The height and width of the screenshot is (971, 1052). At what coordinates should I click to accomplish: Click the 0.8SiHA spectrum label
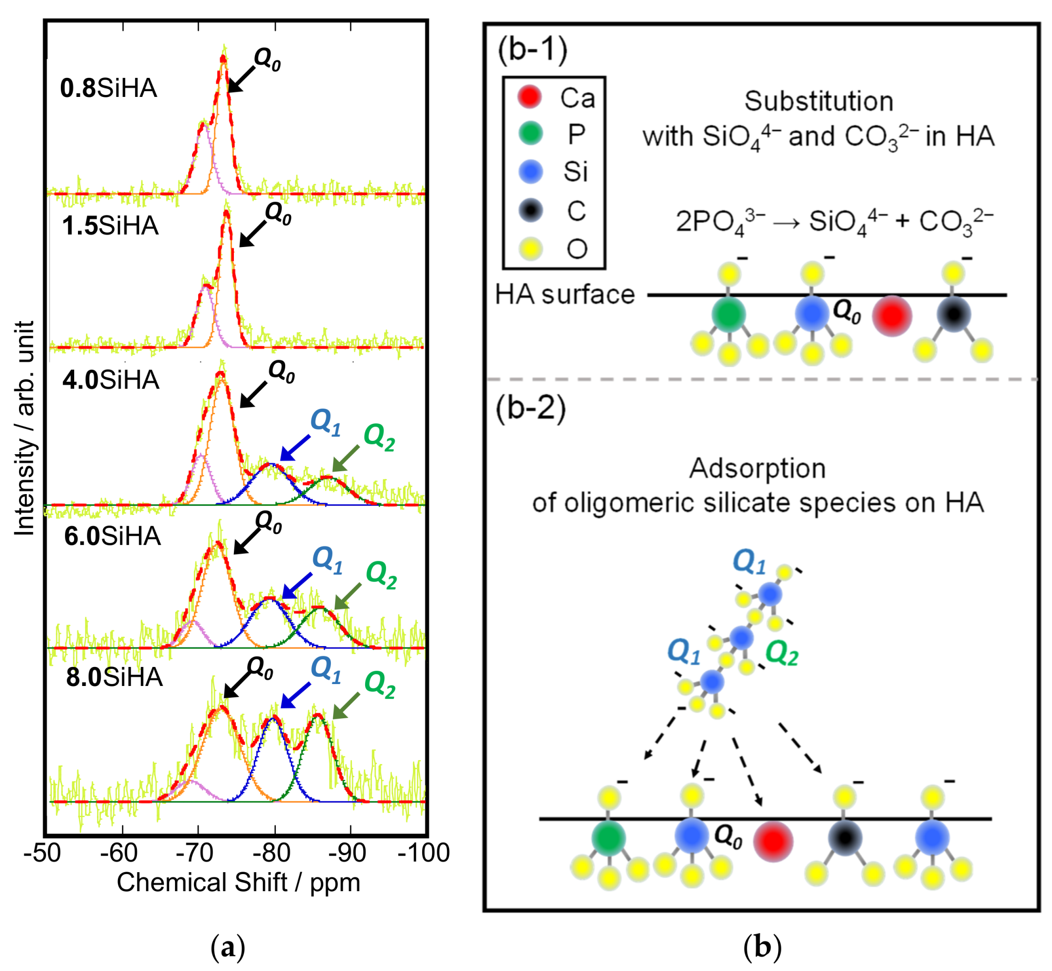point(108,88)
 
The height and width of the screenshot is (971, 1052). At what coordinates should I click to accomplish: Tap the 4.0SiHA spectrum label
point(110,380)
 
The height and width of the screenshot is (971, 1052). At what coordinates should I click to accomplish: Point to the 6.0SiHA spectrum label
point(113,536)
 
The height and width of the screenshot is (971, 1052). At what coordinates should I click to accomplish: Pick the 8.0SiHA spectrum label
point(114,677)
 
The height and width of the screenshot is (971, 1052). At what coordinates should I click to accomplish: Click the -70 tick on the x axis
point(198,852)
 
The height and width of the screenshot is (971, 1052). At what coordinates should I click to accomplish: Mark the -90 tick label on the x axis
point(349,852)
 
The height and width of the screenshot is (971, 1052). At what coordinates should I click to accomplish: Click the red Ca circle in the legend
point(530,97)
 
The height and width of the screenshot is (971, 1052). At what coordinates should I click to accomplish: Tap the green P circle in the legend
point(531,133)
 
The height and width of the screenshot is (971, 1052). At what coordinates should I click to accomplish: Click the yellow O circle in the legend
point(531,248)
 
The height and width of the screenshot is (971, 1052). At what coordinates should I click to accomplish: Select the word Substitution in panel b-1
point(819,101)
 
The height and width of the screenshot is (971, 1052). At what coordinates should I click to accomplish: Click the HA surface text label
point(565,294)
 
